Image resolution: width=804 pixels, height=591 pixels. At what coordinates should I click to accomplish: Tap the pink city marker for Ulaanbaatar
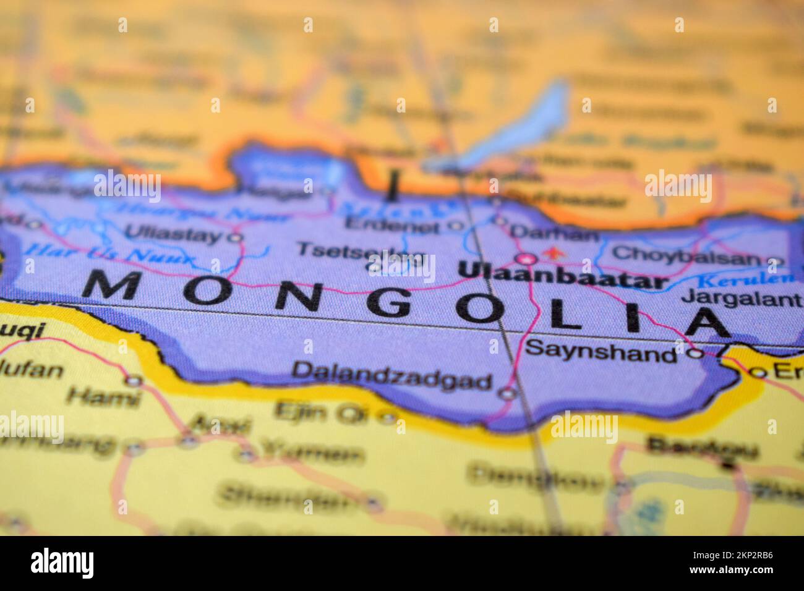[526, 258]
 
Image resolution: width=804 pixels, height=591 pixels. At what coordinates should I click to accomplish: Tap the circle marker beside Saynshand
[696, 354]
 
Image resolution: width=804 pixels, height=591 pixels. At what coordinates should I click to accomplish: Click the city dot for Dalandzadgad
[507, 392]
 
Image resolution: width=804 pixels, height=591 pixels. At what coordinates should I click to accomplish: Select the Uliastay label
[173, 234]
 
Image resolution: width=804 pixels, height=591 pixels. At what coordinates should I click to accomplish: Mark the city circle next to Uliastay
[235, 237]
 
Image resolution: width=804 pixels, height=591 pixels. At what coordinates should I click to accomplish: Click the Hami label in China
[104, 398]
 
